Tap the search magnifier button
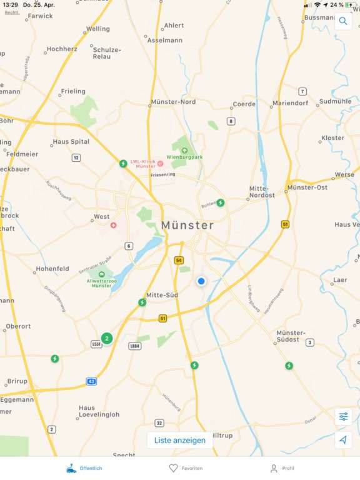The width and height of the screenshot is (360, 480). click(343, 21)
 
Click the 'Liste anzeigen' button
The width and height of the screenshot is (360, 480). click(180, 440)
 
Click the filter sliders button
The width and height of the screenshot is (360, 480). click(343, 417)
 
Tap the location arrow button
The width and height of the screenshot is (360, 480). click(343, 440)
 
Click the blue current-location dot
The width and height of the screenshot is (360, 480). click(201, 281)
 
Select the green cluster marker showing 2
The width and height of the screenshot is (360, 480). click(107, 338)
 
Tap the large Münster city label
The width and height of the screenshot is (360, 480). click(187, 225)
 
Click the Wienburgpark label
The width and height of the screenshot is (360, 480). click(184, 157)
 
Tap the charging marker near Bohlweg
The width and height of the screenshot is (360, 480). click(221, 202)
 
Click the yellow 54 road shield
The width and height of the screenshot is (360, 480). click(179, 260)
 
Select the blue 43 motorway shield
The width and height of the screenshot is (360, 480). click(92, 381)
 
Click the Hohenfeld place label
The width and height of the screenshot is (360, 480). click(52, 269)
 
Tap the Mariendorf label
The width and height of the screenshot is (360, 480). click(290, 104)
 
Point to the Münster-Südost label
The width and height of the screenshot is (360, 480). click(291, 336)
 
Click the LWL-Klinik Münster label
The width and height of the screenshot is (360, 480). click(146, 164)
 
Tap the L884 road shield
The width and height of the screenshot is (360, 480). click(134, 346)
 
